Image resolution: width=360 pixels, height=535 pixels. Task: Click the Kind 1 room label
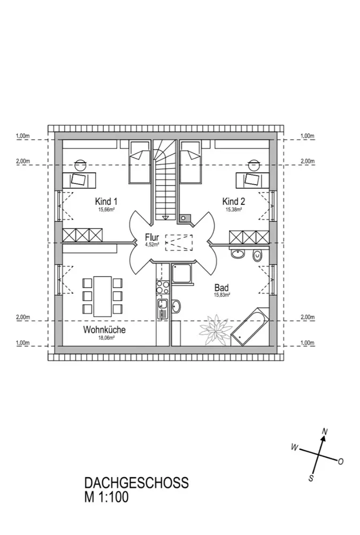pyautogui.click(x=106, y=201)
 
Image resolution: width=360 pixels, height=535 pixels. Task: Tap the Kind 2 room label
pyautogui.click(x=234, y=201)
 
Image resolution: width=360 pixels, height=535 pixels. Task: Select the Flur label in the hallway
pyautogui.click(x=152, y=237)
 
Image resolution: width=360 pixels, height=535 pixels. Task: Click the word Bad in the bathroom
pyautogui.click(x=221, y=288)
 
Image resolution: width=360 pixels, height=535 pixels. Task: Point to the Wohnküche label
pyautogui.click(x=104, y=330)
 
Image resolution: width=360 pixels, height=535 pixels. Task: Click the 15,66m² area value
pyautogui.click(x=106, y=210)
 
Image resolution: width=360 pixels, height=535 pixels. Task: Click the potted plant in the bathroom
pyautogui.click(x=215, y=329)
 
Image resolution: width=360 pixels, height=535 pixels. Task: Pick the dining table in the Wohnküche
pyautogui.click(x=102, y=296)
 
